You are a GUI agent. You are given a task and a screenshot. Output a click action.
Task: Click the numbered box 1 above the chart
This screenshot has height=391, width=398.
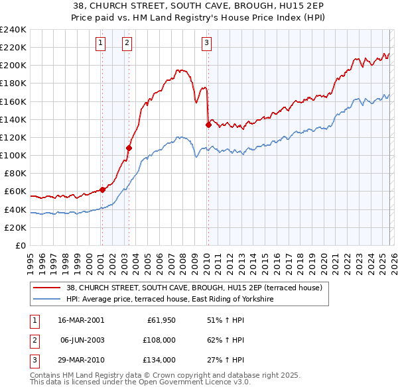click(100, 44)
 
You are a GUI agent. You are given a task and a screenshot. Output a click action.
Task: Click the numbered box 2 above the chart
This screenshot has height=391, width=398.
click(127, 44)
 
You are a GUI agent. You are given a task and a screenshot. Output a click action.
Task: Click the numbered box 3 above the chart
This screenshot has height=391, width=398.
click(206, 44)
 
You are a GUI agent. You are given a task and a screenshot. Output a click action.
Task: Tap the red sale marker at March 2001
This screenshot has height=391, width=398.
click(102, 190)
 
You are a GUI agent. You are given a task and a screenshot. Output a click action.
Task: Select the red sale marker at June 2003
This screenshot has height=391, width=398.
click(129, 148)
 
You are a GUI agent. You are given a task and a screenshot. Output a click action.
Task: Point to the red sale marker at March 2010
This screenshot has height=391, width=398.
click(208, 125)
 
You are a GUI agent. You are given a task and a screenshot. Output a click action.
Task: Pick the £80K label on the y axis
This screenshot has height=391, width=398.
click(15, 173)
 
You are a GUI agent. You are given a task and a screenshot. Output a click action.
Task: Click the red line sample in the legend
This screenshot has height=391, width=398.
click(46, 288)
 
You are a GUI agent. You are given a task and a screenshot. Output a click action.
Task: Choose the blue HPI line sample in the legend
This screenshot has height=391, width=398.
click(46, 300)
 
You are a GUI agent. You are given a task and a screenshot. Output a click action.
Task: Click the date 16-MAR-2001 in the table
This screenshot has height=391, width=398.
click(81, 320)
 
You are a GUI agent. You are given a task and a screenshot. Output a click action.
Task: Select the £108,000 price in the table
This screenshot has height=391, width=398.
click(159, 340)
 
